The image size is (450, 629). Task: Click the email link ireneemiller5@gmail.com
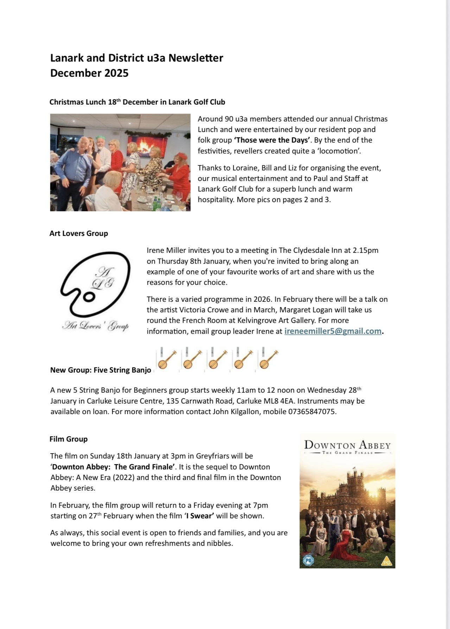[332, 331]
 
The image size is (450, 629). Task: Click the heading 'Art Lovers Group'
[79, 233]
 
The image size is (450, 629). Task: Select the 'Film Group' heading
[69, 439]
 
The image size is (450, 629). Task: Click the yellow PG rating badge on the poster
[387, 562]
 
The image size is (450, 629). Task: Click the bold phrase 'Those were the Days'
[272, 140]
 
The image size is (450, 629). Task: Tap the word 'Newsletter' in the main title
[196, 58]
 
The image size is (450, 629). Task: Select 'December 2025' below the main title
[89, 73]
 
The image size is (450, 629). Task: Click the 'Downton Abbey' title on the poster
[347, 445]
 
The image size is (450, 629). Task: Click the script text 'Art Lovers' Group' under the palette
[95, 326]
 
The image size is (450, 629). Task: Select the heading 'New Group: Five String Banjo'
[101, 370]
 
